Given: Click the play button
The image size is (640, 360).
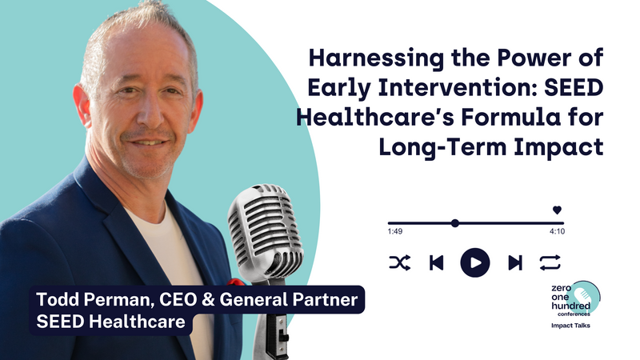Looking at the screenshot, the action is click(x=475, y=263).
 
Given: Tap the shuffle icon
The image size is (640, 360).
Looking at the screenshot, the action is click(x=399, y=263).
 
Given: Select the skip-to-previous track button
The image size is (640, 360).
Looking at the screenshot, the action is click(x=436, y=263).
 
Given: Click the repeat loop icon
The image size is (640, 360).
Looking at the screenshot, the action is click(x=550, y=263).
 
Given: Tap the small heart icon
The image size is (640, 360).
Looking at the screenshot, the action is click(x=557, y=210).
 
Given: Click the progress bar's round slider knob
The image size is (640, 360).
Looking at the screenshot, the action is click(x=455, y=223).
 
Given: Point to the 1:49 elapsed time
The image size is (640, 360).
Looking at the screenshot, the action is click(x=395, y=231).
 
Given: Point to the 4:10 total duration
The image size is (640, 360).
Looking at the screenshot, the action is click(x=557, y=231).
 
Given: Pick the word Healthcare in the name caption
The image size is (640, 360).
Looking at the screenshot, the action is click(x=137, y=322).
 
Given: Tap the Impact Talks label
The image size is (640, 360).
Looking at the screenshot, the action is click(x=570, y=326).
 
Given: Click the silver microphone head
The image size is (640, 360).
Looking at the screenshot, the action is click(x=265, y=230).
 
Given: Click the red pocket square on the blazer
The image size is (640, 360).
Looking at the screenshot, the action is click(x=236, y=282).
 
